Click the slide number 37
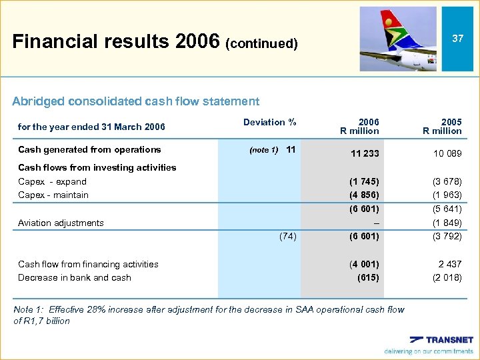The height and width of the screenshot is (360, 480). click(457, 39)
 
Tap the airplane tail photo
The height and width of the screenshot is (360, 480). click(398, 39)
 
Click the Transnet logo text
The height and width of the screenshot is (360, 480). click(449, 340)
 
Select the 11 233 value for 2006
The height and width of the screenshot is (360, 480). click(365, 153)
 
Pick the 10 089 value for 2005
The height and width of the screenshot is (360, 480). click(447, 153)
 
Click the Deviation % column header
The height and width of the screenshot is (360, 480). click(269, 122)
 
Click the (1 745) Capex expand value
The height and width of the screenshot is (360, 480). click(364, 181)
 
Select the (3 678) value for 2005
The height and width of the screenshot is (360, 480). click(447, 181)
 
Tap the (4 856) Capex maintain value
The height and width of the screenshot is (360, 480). click(364, 195)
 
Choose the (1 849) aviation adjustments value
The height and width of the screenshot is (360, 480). click(447, 223)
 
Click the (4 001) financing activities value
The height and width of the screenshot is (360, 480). click(364, 264)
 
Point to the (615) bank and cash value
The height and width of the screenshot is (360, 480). click(367, 277)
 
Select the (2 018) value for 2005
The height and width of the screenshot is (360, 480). click(447, 277)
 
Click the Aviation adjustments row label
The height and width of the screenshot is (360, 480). click(61, 223)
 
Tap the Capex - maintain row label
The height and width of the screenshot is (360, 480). click(53, 195)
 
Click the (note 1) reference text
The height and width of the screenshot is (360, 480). click(263, 150)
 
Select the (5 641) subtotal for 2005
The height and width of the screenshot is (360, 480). click(447, 209)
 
